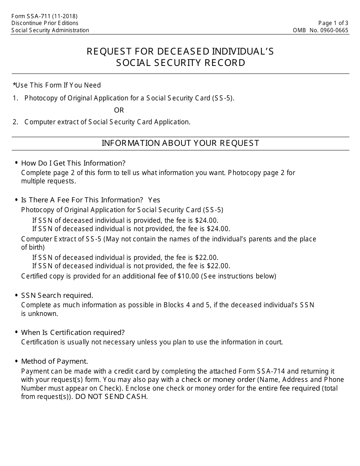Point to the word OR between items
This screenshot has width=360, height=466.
pos(119,110)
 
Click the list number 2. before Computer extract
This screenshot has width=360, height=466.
pos(15,122)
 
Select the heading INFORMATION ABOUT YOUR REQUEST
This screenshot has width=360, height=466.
pos(180,143)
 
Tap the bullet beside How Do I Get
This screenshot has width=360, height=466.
pos(16,163)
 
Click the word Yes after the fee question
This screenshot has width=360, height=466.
pos(154,200)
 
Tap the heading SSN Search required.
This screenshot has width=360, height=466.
pos(57,296)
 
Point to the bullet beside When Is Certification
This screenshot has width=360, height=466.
pos(16,332)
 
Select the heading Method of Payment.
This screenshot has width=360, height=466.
pos(55,361)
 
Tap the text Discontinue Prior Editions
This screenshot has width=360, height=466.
pos(45,23)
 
